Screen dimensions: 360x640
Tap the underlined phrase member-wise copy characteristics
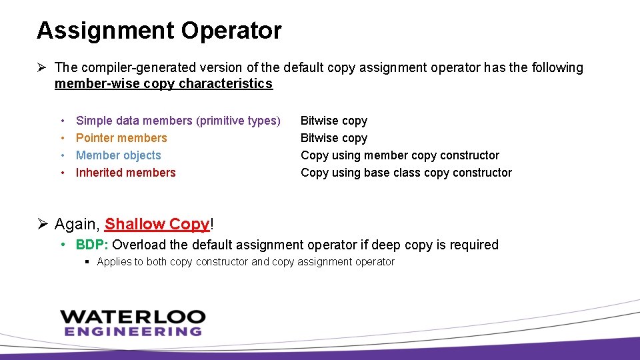tap(163, 84)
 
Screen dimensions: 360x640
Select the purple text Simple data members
tap(134, 121)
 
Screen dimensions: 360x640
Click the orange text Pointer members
tap(121, 138)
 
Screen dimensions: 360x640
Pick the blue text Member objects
tap(119, 155)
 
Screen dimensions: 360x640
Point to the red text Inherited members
tap(125, 173)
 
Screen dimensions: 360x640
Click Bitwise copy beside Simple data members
tap(334, 121)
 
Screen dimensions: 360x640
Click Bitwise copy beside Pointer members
tap(334, 138)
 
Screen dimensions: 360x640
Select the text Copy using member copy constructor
tap(400, 155)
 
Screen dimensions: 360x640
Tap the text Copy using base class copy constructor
tap(406, 173)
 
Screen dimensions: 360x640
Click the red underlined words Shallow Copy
tap(157, 224)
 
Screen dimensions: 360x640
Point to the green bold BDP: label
tap(92, 245)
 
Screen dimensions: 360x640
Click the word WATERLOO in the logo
tap(132, 317)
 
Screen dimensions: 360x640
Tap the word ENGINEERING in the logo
tap(133, 331)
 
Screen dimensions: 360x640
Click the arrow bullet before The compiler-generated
tap(42, 67)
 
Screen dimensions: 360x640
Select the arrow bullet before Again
tap(42, 224)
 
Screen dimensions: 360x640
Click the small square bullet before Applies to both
tap(88, 262)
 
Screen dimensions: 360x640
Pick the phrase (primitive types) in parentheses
tap(238, 121)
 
